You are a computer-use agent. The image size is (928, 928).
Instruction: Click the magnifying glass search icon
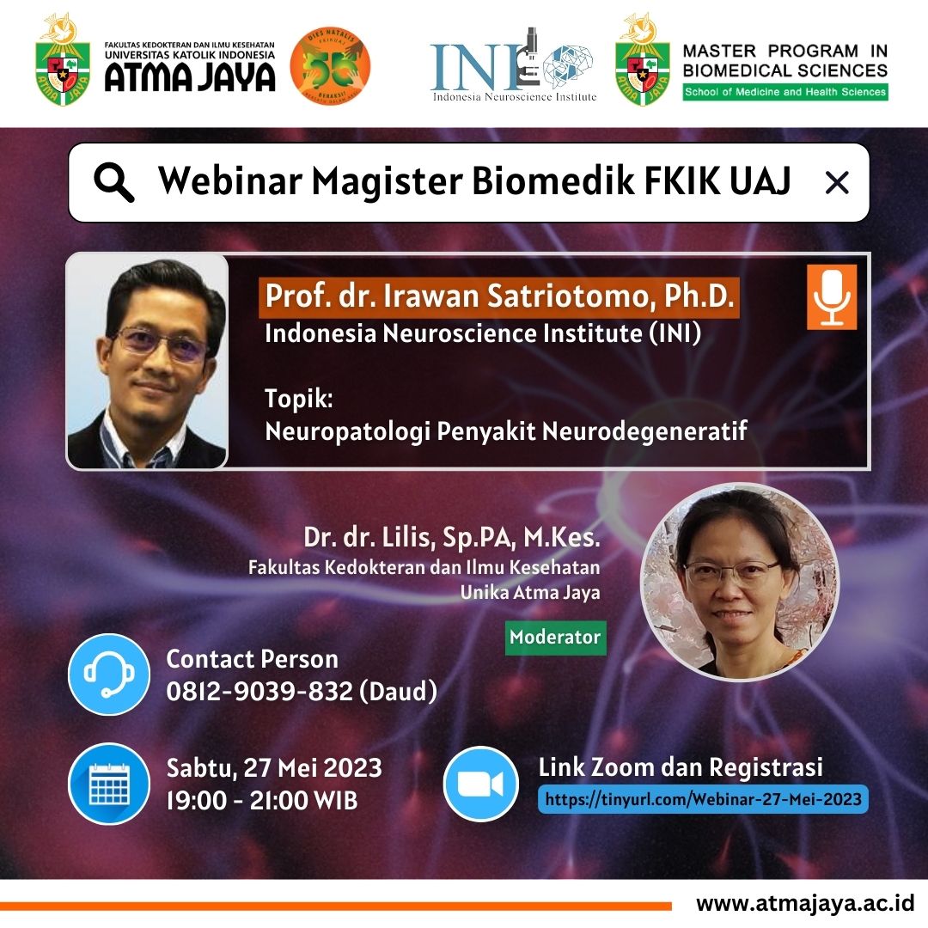click(x=114, y=182)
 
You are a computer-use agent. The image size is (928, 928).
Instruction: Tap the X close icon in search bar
click(x=836, y=182)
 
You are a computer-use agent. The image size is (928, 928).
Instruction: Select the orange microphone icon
click(x=831, y=297)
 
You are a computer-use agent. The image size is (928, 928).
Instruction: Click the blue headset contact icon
click(x=108, y=674)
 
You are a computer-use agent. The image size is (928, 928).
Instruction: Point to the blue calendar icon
click(x=108, y=783)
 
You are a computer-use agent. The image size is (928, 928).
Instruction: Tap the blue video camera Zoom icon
click(x=481, y=783)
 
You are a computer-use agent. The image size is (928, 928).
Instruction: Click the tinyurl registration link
click(x=703, y=799)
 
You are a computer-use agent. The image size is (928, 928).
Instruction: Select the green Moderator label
click(x=555, y=638)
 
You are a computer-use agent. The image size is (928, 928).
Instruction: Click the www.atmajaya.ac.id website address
click(x=804, y=904)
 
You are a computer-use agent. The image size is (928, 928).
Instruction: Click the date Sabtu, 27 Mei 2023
click(x=274, y=766)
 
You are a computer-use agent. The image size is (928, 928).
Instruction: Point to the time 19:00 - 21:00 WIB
click(x=261, y=800)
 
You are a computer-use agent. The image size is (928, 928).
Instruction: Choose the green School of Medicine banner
click(x=785, y=92)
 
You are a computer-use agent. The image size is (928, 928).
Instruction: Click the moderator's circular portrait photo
click(x=740, y=582)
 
